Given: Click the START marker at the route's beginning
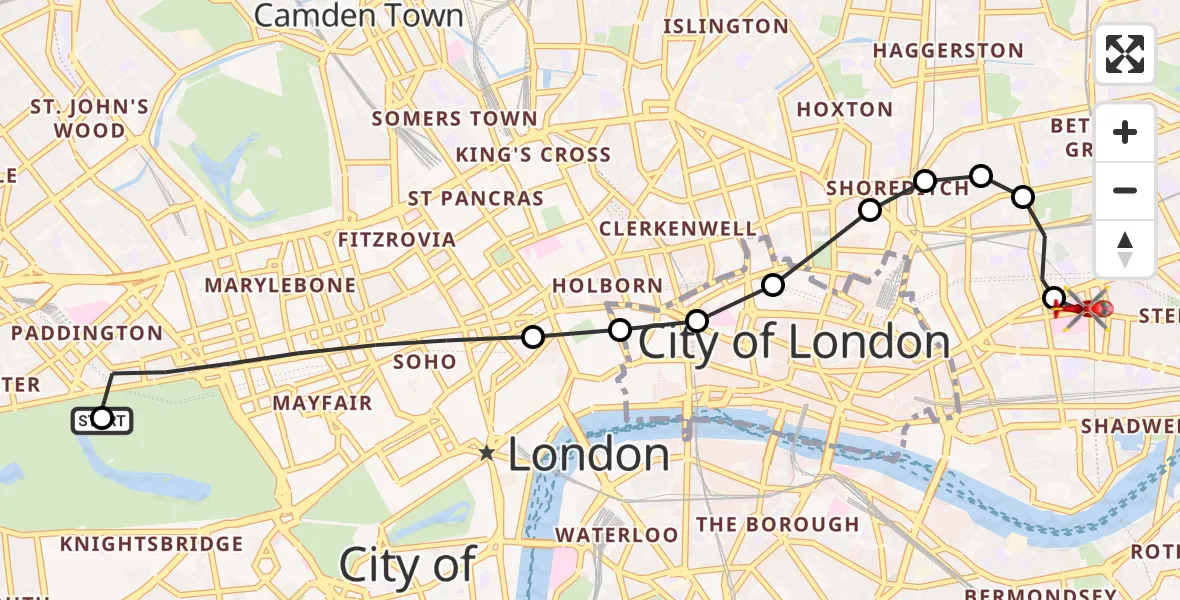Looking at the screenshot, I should click(101, 420).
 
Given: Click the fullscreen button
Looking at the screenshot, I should click(1125, 55).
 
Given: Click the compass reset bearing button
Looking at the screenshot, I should click(1125, 248).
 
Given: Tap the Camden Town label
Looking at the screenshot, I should click(359, 16).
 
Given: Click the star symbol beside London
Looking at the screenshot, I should click(487, 453).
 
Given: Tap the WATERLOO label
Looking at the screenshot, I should click(616, 535).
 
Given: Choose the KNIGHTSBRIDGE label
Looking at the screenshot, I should click(151, 544).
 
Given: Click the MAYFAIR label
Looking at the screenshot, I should click(322, 403).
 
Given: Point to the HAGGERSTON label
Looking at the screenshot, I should click(948, 51).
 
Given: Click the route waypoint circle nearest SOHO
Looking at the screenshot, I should click(533, 337).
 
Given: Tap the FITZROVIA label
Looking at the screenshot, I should click(396, 240).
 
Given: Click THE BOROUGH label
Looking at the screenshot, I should click(777, 524).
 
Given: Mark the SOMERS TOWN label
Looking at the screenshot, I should click(454, 119).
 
